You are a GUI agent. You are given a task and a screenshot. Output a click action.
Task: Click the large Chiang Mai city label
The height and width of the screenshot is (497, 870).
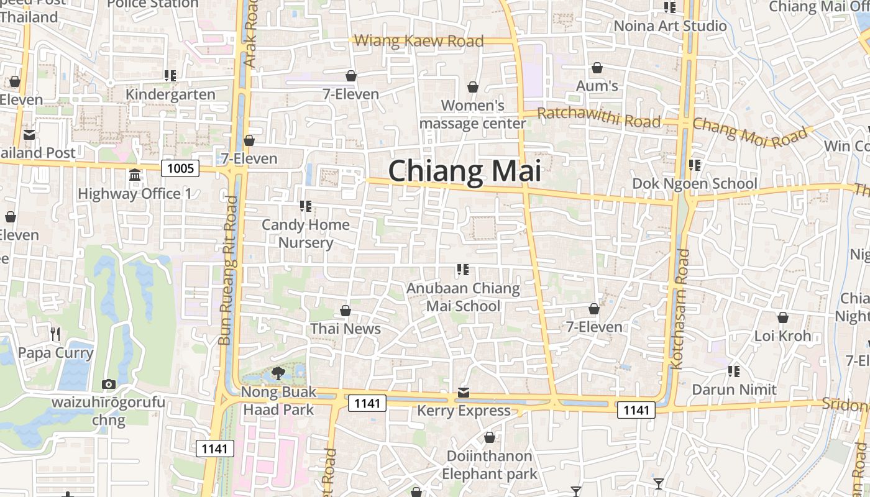coord(465,171)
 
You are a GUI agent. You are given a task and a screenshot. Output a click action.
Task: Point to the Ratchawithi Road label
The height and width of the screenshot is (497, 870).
coord(598,117)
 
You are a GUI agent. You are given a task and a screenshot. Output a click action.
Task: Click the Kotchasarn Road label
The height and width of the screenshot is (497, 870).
coord(681,309)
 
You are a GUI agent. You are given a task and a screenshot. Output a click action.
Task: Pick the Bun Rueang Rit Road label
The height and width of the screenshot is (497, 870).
coord(228,270)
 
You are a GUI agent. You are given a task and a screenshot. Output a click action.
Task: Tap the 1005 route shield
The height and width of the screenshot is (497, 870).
coord(180,168)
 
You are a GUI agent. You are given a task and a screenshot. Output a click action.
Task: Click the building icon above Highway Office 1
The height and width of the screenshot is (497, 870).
coord(135,175)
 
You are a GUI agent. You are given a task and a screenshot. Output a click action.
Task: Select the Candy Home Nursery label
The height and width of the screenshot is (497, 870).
coord(306,233)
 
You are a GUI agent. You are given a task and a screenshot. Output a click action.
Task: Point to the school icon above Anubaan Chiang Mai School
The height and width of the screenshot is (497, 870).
coord(462,270)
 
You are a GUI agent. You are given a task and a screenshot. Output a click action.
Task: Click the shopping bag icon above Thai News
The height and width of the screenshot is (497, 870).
coord(346,310)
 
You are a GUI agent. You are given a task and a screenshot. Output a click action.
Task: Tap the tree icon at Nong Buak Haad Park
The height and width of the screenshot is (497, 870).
coord(278,373)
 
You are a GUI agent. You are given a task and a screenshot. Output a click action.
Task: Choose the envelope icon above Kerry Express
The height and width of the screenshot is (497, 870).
coord(464,393)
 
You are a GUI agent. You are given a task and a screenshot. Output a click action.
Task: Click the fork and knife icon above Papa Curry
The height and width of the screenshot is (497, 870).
coord(55,334)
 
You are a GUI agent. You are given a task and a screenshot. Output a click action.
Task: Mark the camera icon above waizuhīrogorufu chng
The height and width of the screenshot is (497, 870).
coord(109,384)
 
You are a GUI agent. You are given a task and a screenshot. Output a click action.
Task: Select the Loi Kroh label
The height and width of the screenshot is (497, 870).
coord(782,336)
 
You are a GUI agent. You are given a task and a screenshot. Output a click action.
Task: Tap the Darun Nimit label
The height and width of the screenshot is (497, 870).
coord(735,390)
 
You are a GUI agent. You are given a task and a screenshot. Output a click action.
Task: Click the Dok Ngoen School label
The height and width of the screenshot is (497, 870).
coord(695,184)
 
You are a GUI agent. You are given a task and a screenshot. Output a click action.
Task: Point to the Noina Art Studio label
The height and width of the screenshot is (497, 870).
coord(670,25)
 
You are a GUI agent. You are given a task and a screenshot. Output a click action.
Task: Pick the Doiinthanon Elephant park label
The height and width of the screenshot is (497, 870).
coord(490,465)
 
